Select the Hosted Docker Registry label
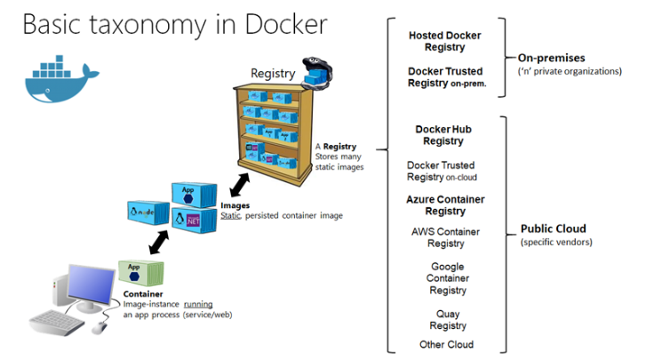coord(444,42)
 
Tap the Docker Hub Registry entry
coord(443,135)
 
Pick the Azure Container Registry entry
coord(445,205)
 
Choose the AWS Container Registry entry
coord(445,237)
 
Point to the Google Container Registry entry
coord(447,278)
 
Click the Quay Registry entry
coord(447,319)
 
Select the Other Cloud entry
coord(447,344)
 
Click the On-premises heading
coord(551,58)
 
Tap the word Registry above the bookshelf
coord(273,72)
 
